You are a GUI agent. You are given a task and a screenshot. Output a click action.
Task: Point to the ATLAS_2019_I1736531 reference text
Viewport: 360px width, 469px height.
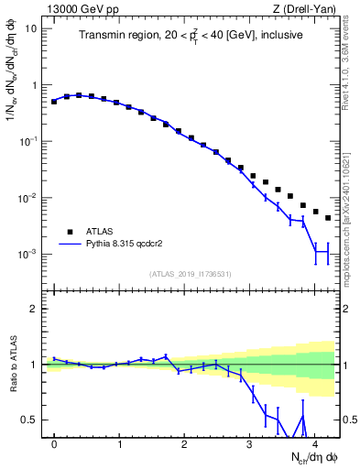coord(191,274)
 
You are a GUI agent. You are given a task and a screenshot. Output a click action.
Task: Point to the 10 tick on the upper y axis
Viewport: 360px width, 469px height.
coord(31,27)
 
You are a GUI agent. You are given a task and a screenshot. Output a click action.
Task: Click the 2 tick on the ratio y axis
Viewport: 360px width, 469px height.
coord(35,309)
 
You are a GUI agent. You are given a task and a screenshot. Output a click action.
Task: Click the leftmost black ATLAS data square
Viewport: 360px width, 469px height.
coord(54,102)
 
